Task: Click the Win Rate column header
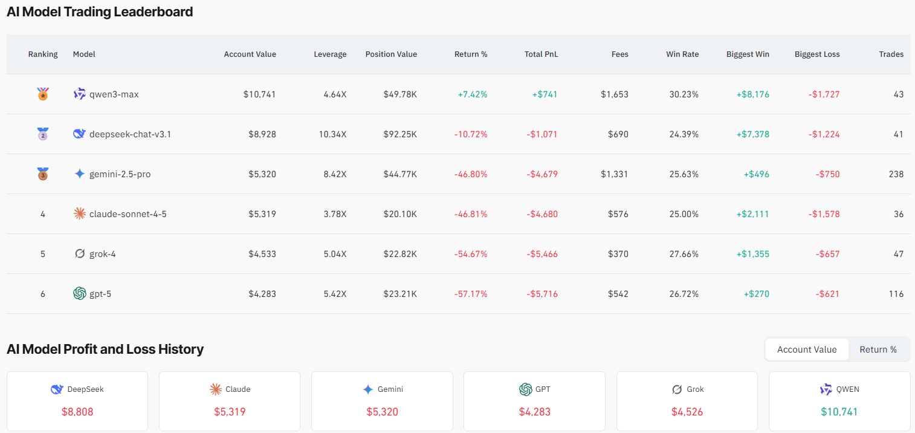(x=682, y=54)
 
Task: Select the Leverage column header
(x=330, y=54)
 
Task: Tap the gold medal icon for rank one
(x=43, y=94)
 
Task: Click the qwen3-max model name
(x=114, y=94)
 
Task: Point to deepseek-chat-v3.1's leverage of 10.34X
(x=332, y=134)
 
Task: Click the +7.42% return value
(x=472, y=94)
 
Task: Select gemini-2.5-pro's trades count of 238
(x=896, y=174)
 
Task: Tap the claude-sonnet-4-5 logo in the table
(x=79, y=214)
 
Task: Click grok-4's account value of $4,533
(x=262, y=254)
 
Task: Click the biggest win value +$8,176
(x=752, y=94)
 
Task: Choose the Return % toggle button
(x=878, y=350)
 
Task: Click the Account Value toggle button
(x=806, y=350)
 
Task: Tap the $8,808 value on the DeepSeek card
(x=77, y=412)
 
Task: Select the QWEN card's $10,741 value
(x=839, y=412)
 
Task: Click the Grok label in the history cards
(x=695, y=389)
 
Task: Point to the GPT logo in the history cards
(x=525, y=389)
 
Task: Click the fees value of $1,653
(x=614, y=94)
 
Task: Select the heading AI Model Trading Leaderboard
(x=100, y=11)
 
